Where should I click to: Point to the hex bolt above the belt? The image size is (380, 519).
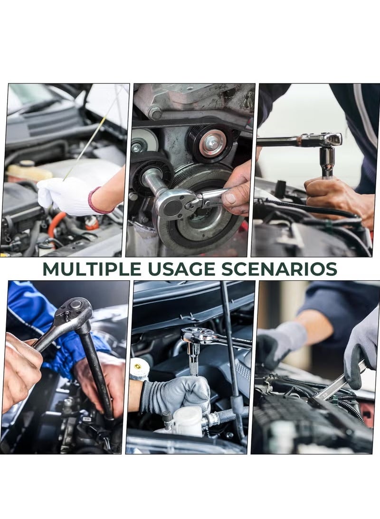click(154, 113)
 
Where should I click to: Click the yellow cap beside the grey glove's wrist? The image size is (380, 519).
click(139, 369)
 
